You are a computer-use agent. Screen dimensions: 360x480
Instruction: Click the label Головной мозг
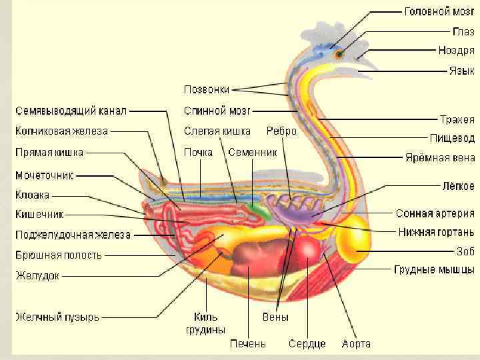pyautogui.click(x=439, y=13)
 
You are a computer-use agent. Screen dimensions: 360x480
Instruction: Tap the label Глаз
pyautogui.click(x=464, y=31)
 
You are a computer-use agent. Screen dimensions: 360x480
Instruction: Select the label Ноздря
pyautogui.click(x=456, y=50)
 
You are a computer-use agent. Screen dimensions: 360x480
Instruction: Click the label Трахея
pyautogui.click(x=457, y=120)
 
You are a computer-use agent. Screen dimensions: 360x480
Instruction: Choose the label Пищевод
pyautogui.click(x=452, y=139)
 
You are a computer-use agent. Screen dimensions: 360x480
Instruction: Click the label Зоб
pyautogui.click(x=465, y=251)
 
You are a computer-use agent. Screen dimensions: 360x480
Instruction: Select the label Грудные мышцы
pyautogui.click(x=434, y=270)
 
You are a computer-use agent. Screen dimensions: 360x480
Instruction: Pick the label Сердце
pyautogui.click(x=307, y=344)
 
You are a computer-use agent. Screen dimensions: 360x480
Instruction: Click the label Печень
pyautogui.click(x=248, y=344)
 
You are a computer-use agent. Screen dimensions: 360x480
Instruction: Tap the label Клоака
pyautogui.click(x=32, y=195)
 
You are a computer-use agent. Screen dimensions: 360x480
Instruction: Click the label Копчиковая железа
pyautogui.click(x=61, y=131)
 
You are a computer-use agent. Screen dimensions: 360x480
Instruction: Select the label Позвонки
pyautogui.click(x=207, y=89)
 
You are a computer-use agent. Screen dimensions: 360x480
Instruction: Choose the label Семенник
pyautogui.click(x=252, y=152)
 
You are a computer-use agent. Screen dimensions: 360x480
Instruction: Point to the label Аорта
pyautogui.click(x=356, y=344)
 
